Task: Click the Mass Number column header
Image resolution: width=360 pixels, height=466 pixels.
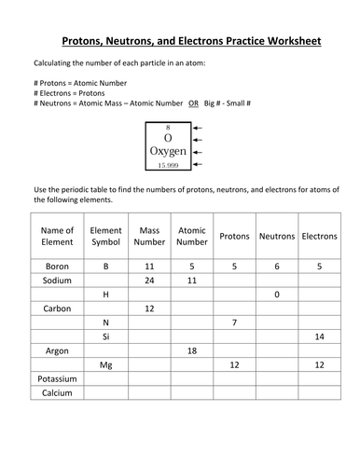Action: click(149, 237)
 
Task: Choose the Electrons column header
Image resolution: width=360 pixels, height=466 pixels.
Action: click(320, 237)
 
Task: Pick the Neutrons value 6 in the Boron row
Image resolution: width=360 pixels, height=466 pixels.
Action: click(277, 266)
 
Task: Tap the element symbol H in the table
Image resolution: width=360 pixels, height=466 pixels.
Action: click(105, 295)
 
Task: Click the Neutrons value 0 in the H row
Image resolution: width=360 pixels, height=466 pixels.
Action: click(277, 295)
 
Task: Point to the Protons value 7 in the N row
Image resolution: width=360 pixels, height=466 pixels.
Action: click(235, 322)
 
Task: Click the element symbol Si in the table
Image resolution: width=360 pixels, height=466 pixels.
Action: click(105, 336)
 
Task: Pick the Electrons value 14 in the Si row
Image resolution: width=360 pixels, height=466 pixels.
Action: click(320, 336)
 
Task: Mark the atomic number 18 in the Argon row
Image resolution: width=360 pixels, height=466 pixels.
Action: click(192, 351)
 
